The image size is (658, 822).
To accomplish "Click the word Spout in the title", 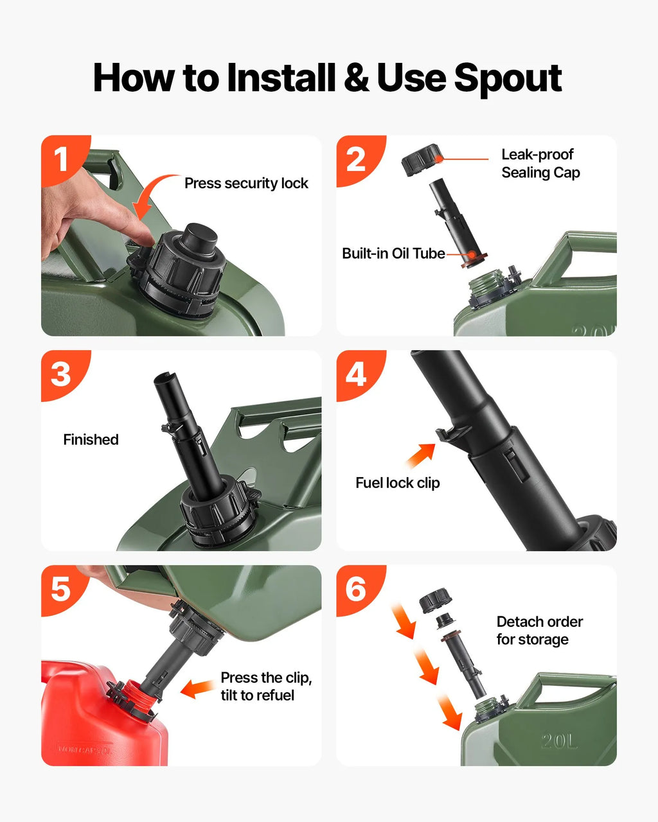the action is [508, 78].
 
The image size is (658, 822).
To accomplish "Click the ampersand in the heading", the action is [357, 78].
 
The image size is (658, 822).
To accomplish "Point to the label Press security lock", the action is [246, 184].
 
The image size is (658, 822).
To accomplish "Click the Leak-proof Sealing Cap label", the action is [540, 164].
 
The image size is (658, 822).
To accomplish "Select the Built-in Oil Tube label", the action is [393, 254].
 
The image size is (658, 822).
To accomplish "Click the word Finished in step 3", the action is [91, 440].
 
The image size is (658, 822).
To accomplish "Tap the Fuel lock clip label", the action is [398, 483].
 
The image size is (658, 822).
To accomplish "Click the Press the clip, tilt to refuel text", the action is [266, 686].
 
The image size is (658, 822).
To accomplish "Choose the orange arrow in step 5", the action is [197, 688].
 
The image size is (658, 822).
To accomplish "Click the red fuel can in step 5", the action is [100, 718].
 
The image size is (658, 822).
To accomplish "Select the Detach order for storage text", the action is [540, 631].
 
